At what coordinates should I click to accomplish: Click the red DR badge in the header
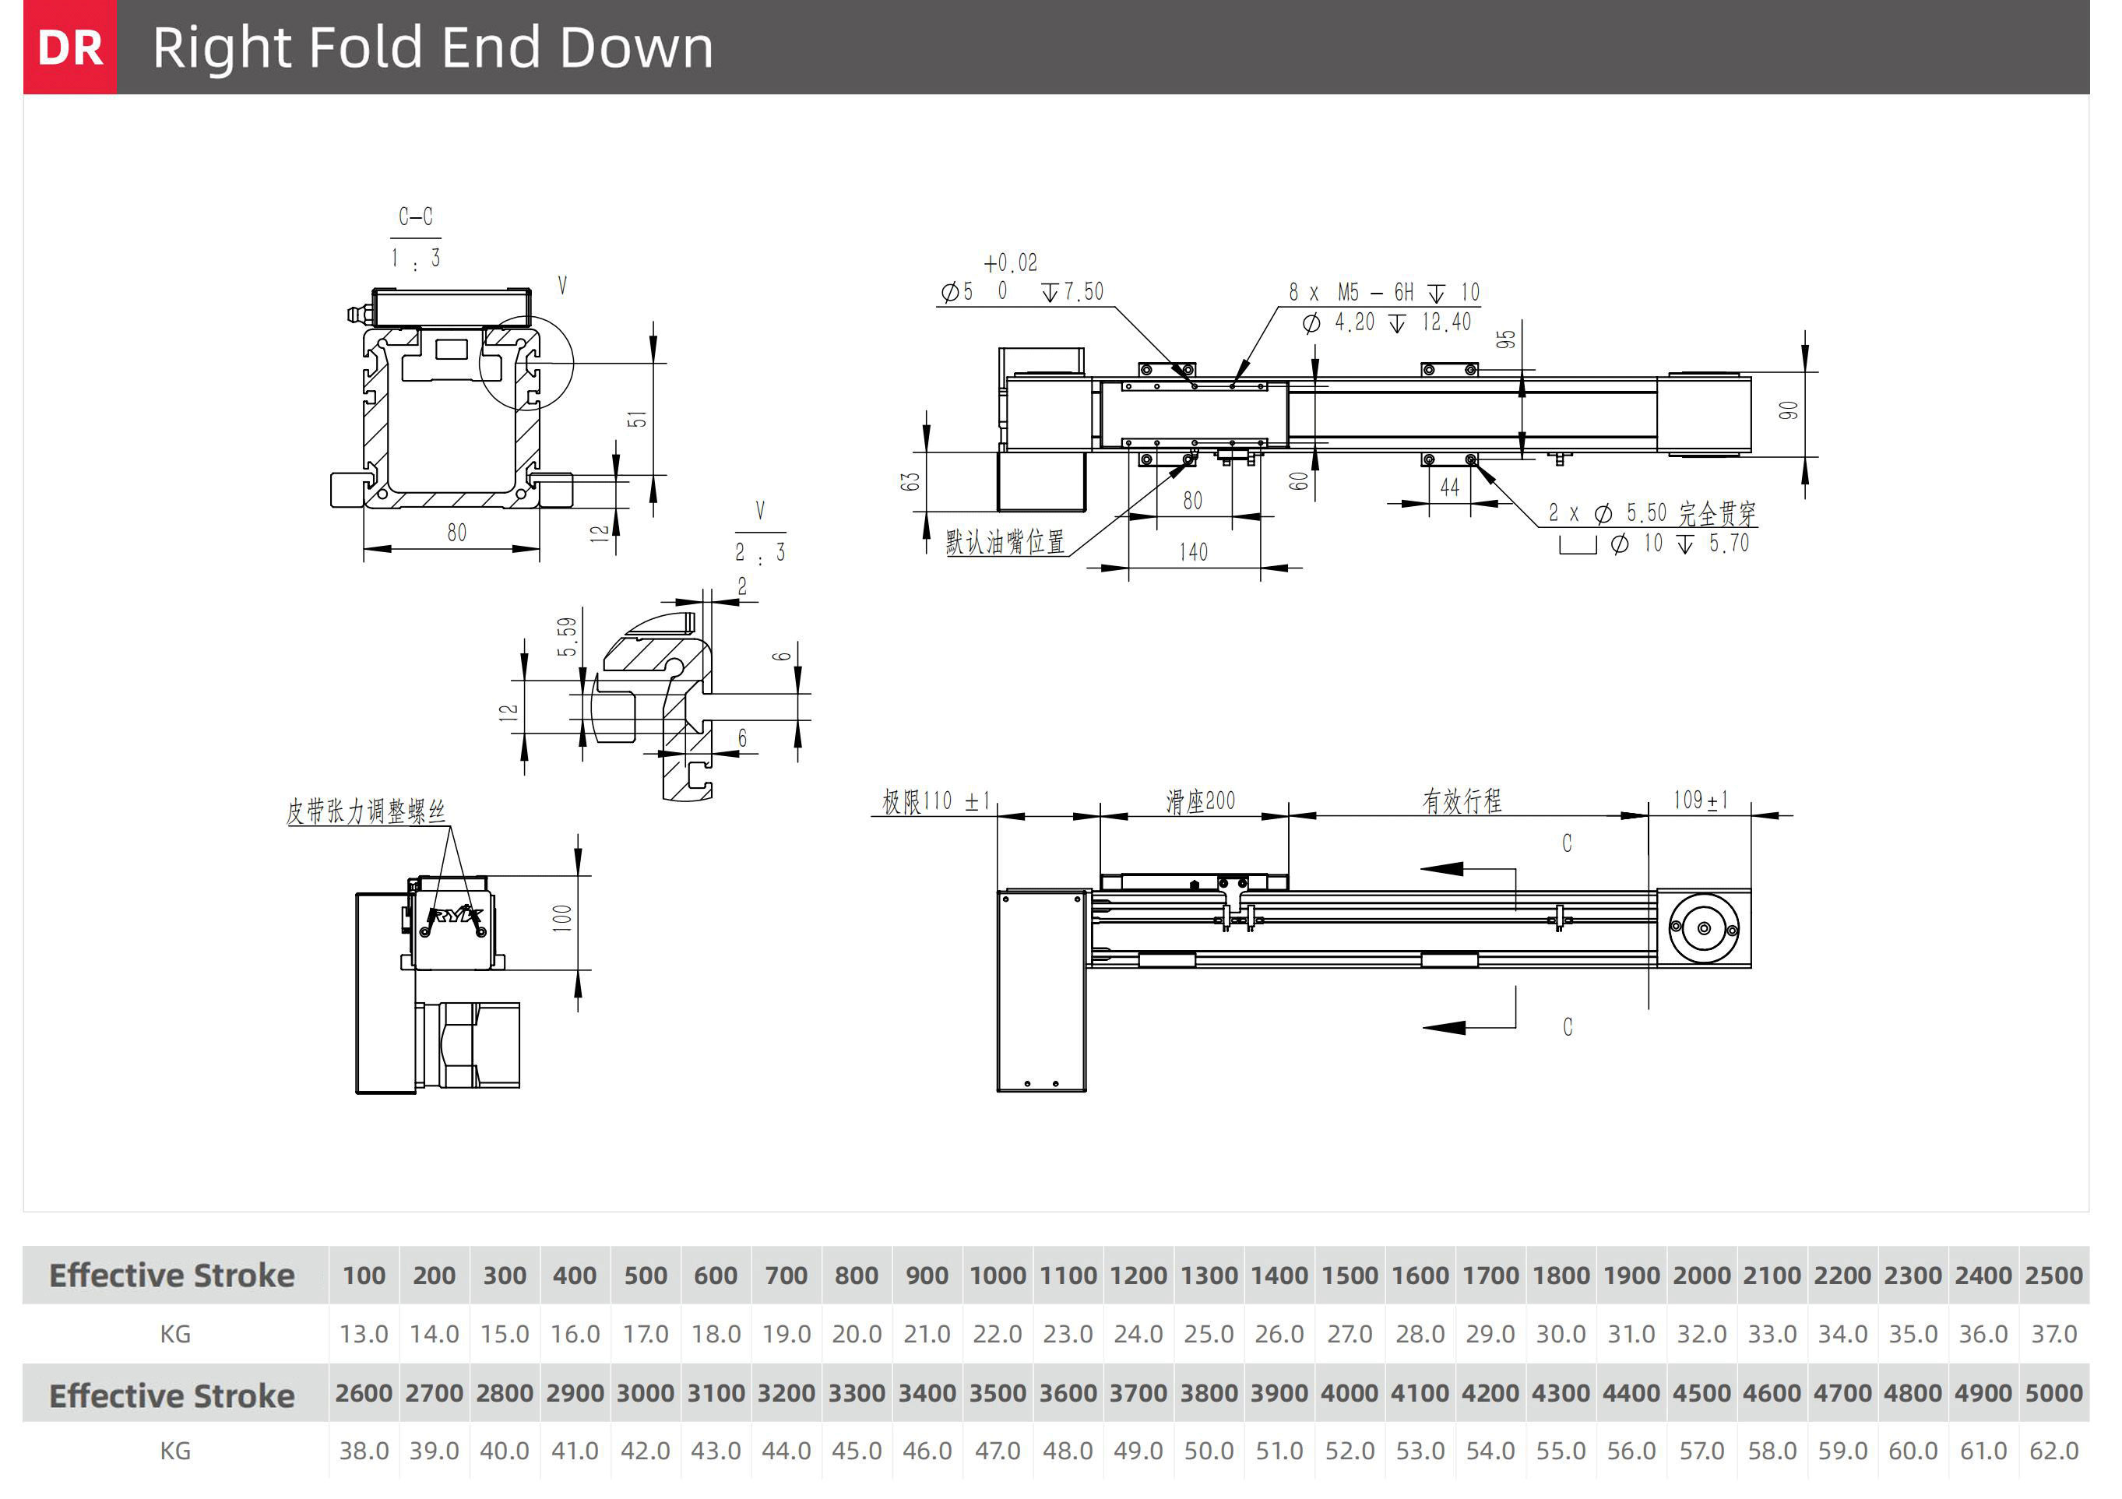[x=70, y=48]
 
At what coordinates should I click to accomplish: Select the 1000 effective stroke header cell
[x=998, y=1276]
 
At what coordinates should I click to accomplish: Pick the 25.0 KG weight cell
[x=1209, y=1335]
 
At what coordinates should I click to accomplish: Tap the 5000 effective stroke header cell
[x=2053, y=1393]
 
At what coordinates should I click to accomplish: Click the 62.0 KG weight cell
[x=2053, y=1451]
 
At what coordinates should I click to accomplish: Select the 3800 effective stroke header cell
[x=1209, y=1393]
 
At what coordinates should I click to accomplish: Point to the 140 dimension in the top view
[x=1193, y=552]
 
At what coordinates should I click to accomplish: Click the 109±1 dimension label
[x=1701, y=801]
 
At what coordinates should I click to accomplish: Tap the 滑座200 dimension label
[x=1200, y=801]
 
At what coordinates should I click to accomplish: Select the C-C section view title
[x=415, y=216]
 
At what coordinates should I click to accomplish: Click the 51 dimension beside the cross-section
[x=638, y=420]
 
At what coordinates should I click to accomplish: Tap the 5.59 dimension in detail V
[x=567, y=637]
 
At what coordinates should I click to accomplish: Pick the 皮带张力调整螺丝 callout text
[x=366, y=811]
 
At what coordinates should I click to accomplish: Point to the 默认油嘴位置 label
[x=1005, y=541]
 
